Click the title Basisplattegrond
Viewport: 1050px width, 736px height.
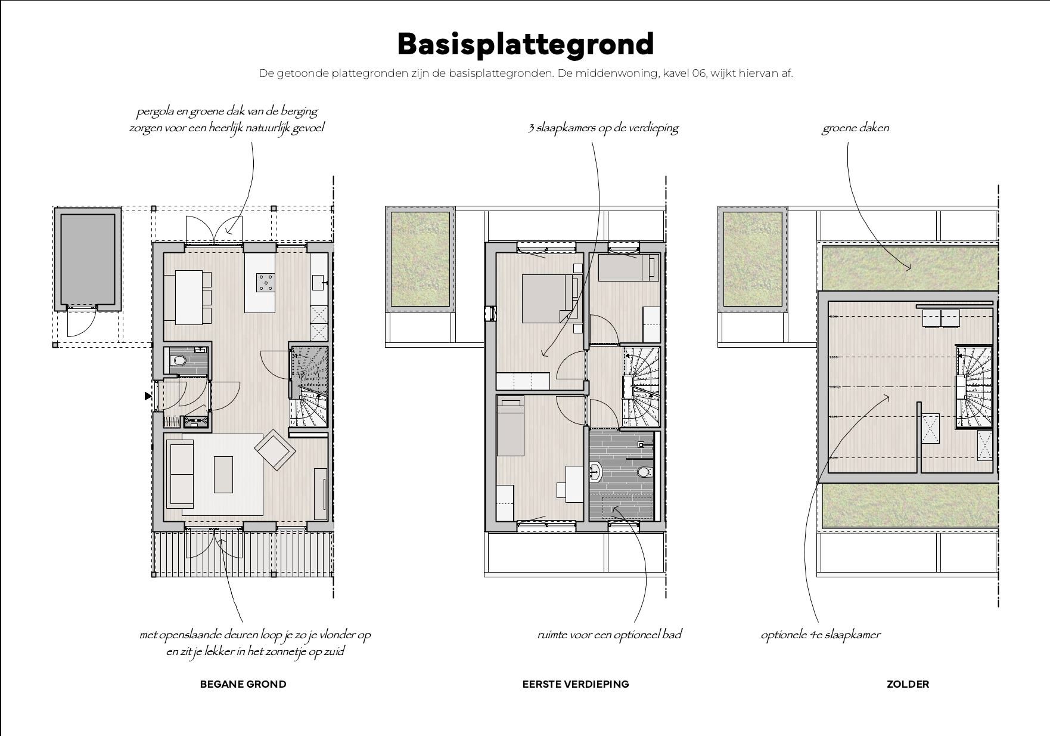pyautogui.click(x=525, y=44)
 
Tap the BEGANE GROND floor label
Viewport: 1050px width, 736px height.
pyautogui.click(x=243, y=684)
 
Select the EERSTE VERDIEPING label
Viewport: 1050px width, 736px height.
pyautogui.click(x=575, y=684)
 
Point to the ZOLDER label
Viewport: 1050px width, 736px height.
pyautogui.click(x=907, y=684)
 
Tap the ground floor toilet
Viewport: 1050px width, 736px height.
pyautogui.click(x=178, y=360)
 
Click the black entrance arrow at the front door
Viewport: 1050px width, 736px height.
pyautogui.click(x=148, y=395)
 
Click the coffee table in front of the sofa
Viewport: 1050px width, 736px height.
pyautogui.click(x=223, y=474)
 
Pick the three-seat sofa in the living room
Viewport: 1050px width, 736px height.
pyautogui.click(x=180, y=474)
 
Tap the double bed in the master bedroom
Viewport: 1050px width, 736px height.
pyautogui.click(x=546, y=298)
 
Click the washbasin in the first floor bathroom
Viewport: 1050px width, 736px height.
pyautogui.click(x=595, y=472)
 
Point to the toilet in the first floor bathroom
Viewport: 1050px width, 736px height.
pyautogui.click(x=642, y=472)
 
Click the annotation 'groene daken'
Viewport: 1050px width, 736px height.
pyautogui.click(x=855, y=128)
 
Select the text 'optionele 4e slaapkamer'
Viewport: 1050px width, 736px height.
pyautogui.click(x=820, y=635)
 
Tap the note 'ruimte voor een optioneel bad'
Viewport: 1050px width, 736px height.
pyautogui.click(x=609, y=635)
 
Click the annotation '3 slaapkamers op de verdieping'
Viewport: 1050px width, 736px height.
pyautogui.click(x=603, y=128)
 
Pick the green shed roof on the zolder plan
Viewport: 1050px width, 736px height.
pyautogui.click(x=752, y=259)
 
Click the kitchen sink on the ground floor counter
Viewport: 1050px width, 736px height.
pyautogui.click(x=318, y=282)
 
